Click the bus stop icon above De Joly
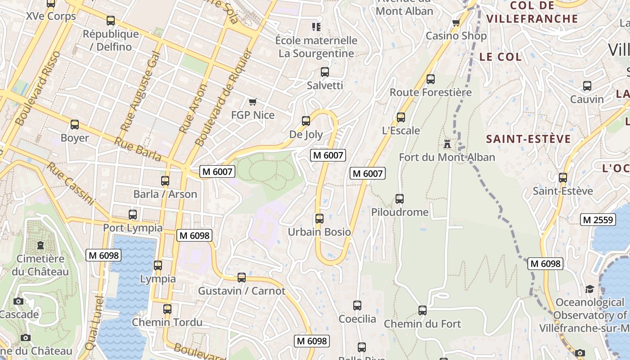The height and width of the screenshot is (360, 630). pos(306,121)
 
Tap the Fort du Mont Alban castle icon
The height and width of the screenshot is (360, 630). pos(447,144)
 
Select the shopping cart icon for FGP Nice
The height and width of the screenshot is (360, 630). pos(252,102)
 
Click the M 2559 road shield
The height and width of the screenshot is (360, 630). pos(598,220)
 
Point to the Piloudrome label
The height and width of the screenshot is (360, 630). pos(400,212)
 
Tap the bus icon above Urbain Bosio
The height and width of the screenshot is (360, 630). pos(319,219)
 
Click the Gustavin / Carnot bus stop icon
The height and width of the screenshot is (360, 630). pos(242,277)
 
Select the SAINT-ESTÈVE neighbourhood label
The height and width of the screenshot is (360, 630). pos(528,139)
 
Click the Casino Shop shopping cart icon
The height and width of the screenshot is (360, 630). pos(456,22)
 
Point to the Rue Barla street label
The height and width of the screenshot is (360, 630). pos(138,149)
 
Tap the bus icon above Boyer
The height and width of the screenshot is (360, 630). pos(75,124)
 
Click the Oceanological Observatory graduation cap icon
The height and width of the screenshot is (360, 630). pos(589,289)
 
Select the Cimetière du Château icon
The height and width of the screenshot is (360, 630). pos(40,245)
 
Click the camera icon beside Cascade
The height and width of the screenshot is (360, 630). pos(18,301)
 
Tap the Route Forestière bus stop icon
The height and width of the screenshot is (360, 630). pos(431,79)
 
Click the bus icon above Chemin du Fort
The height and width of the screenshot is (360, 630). pos(422,310)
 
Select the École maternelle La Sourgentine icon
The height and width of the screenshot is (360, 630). pos(316,27)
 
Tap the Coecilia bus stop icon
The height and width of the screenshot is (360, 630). pos(357,306)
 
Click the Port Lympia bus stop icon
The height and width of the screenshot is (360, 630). pos(132,214)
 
